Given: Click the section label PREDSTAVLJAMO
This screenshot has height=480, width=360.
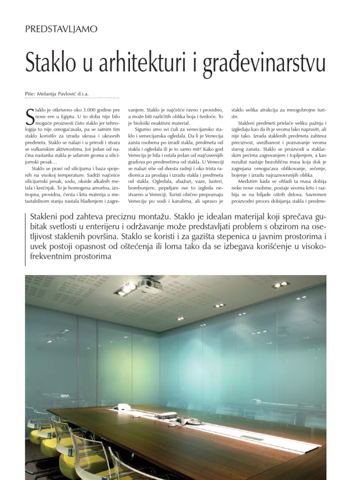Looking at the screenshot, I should click(61, 29).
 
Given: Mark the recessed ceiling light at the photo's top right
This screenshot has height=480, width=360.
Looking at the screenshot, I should click(281, 285).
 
